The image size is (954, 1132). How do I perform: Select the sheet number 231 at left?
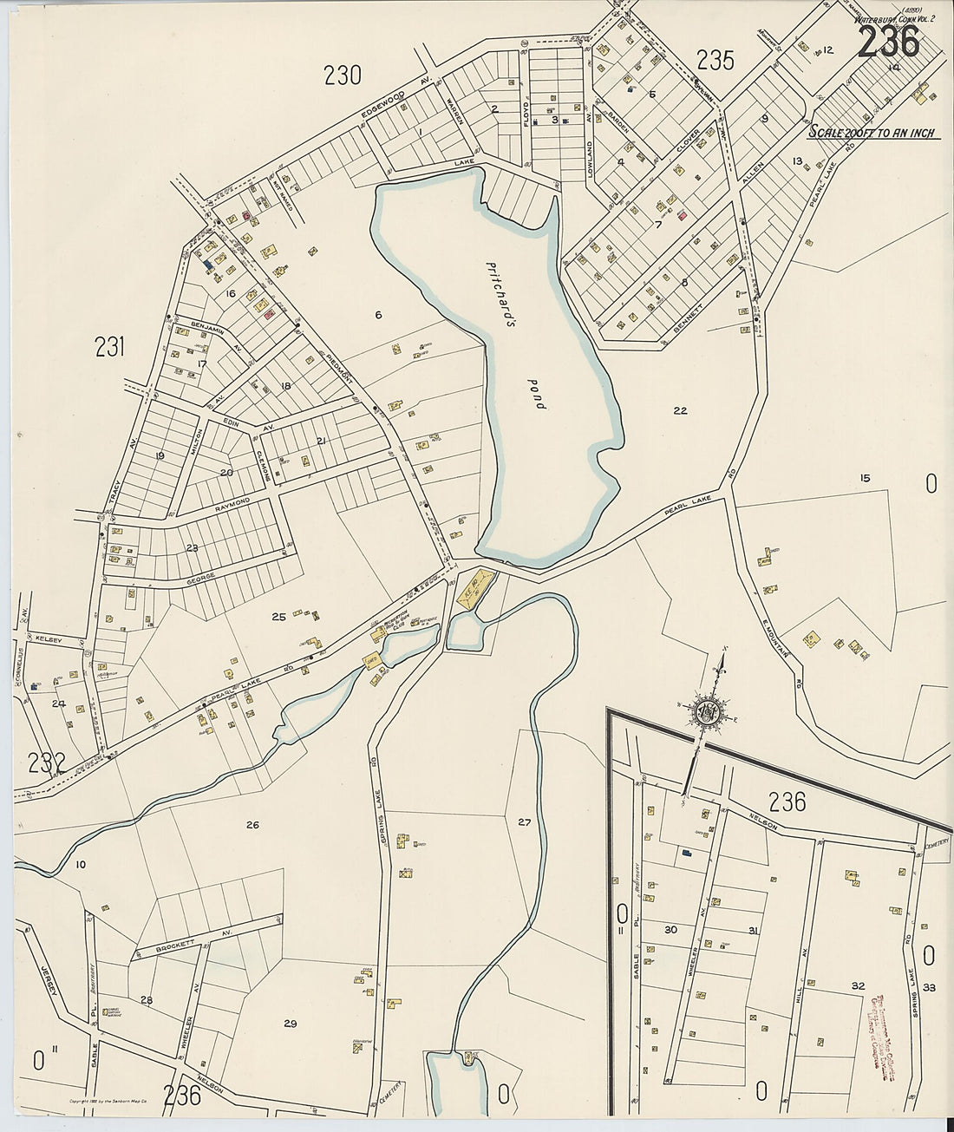tap(110, 348)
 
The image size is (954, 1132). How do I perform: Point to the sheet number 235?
tap(715, 60)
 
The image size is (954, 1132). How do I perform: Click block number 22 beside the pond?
tap(680, 410)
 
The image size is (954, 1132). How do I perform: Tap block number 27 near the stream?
tap(524, 821)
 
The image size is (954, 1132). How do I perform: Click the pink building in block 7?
tap(682, 213)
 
